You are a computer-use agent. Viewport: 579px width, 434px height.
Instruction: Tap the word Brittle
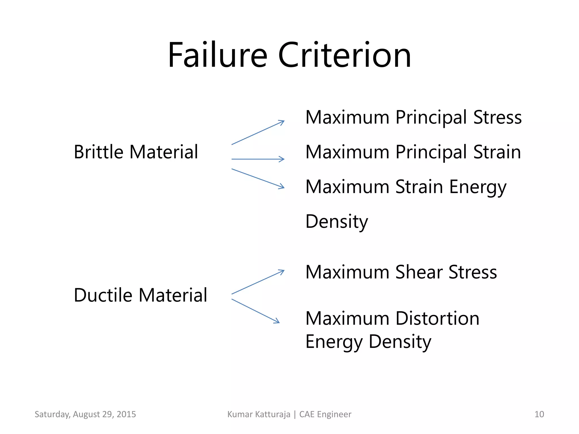(x=98, y=152)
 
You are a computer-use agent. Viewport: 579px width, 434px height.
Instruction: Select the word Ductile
(x=103, y=295)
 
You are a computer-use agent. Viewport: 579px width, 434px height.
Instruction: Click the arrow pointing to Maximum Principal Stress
(x=258, y=133)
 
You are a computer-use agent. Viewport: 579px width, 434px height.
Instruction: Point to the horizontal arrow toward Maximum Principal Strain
(x=258, y=159)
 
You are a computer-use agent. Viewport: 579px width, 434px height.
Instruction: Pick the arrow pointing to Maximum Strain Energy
(x=258, y=179)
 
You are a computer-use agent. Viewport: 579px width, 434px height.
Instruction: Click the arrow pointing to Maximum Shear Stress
(x=258, y=282)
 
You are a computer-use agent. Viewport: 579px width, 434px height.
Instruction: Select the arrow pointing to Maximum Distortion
(x=256, y=311)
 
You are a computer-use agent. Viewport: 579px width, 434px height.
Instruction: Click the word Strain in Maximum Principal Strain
(x=497, y=152)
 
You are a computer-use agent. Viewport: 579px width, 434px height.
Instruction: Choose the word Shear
(x=419, y=272)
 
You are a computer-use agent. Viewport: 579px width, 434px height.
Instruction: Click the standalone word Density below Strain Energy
(x=337, y=222)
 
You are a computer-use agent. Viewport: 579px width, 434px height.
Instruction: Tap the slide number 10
(x=539, y=414)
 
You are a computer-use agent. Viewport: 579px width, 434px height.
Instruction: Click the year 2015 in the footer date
(x=126, y=414)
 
